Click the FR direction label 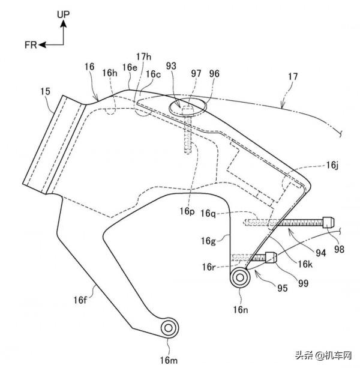coord(32,44)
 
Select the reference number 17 coord(293,77)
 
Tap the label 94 coord(304,253)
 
